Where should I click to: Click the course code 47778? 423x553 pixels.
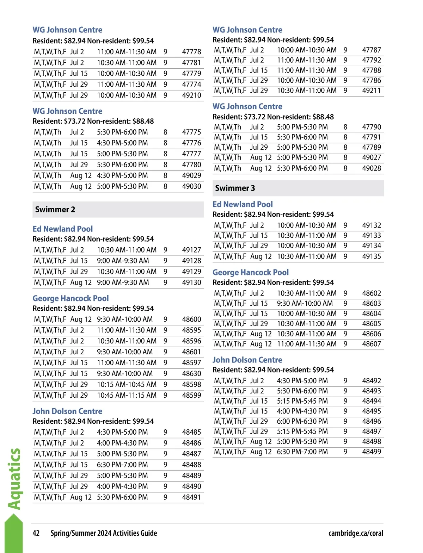click(x=191, y=52)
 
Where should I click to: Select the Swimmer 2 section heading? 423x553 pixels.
click(x=55, y=210)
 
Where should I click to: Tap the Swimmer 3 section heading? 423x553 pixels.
click(x=235, y=188)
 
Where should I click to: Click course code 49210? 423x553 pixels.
click(x=191, y=95)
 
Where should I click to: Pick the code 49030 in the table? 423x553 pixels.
click(x=191, y=186)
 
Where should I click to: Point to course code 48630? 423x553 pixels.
click(x=191, y=373)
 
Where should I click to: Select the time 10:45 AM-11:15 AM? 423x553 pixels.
click(x=127, y=395)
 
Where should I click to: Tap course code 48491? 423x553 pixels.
click(x=191, y=497)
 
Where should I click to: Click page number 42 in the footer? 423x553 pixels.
click(x=36, y=533)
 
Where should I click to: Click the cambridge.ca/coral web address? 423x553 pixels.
click(x=356, y=533)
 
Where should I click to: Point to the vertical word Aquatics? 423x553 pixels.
click(x=14, y=479)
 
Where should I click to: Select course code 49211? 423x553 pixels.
click(x=372, y=91)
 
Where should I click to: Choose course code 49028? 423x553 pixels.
click(x=372, y=168)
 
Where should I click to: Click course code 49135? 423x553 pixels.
click(x=372, y=256)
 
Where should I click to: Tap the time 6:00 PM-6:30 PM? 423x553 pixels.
click(x=302, y=421)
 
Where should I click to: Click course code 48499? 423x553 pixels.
click(x=372, y=452)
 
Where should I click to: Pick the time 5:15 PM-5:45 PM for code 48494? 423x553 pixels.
click(x=302, y=401)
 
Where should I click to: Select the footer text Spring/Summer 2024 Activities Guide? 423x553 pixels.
click(x=104, y=533)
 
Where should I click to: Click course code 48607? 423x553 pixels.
click(x=372, y=344)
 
